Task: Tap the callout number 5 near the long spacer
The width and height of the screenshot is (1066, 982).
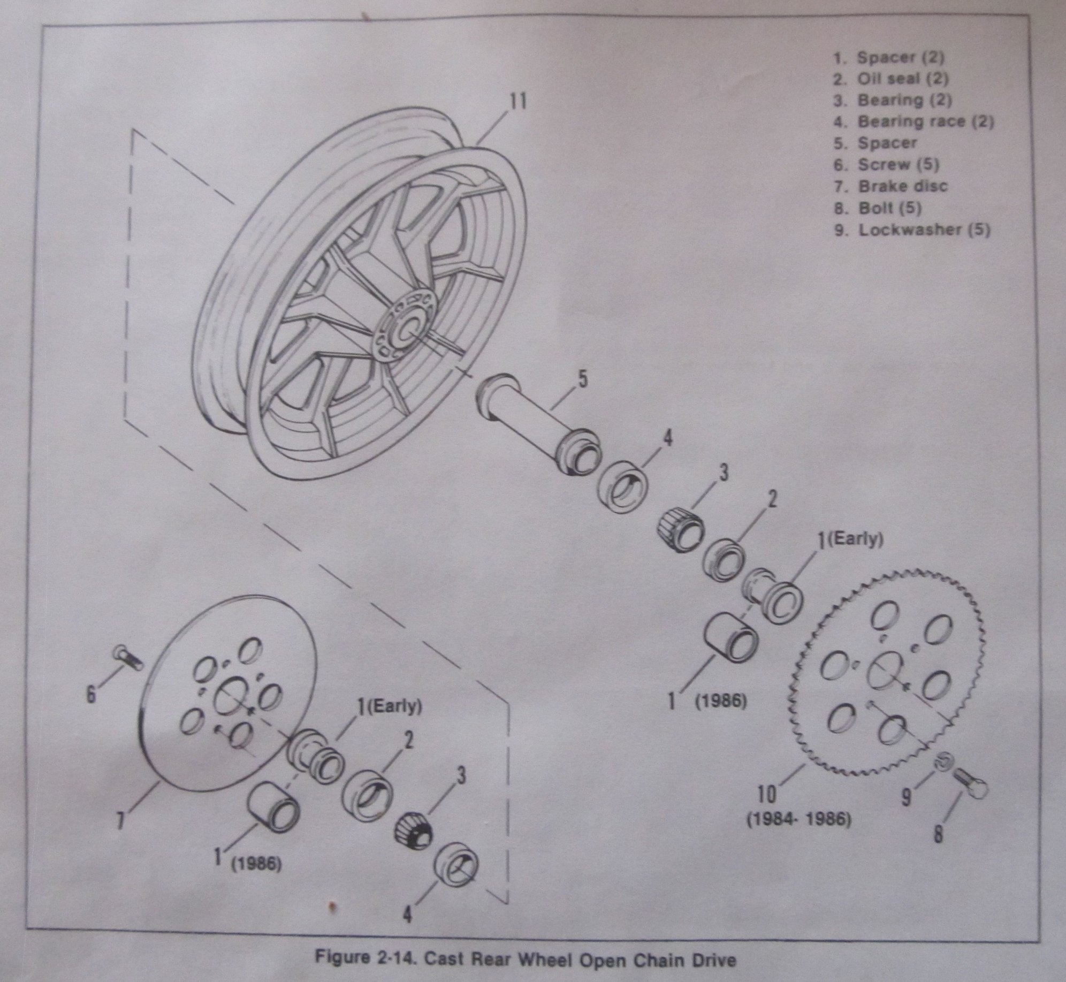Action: point(583,380)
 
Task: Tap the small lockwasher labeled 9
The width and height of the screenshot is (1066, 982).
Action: point(945,777)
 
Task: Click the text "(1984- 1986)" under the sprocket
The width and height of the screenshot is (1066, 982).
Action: point(798,834)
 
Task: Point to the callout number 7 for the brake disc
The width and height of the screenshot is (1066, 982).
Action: point(121,835)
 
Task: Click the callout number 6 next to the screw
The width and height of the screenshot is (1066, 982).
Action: point(92,695)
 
